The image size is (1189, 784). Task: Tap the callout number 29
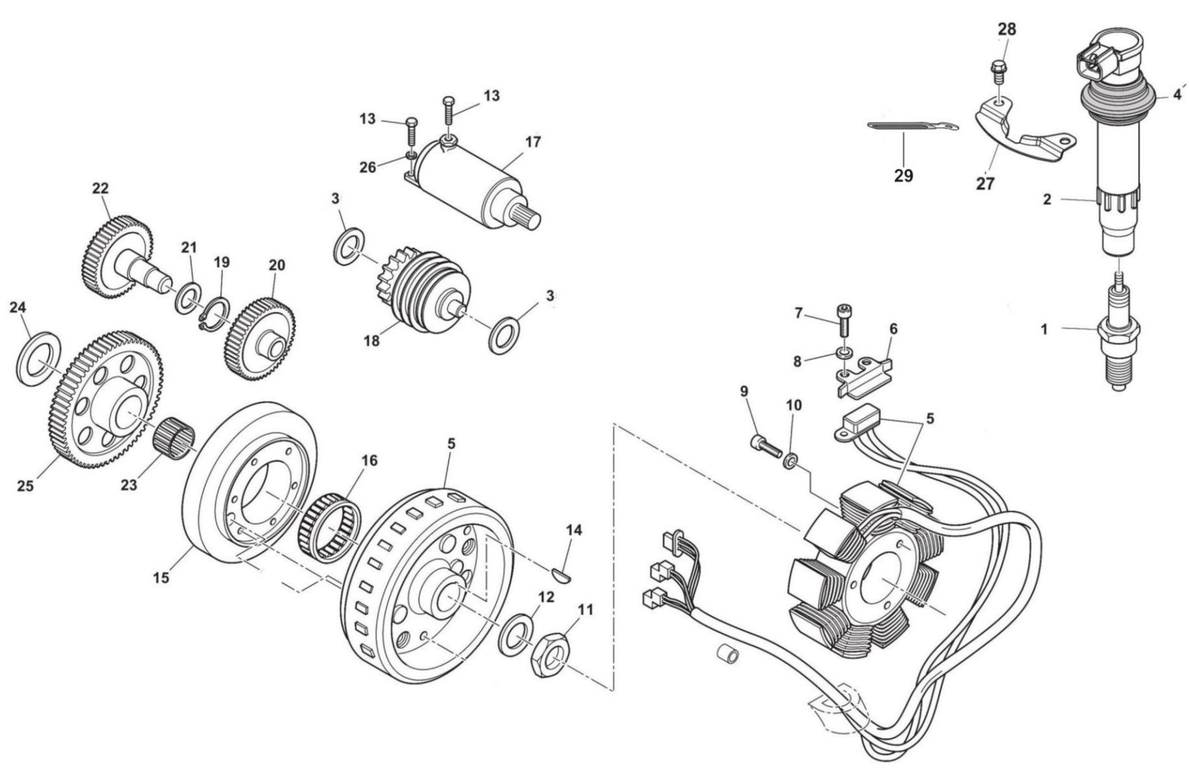coord(903,176)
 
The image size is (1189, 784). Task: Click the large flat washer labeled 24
coord(39,358)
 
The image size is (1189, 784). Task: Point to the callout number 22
coord(100,189)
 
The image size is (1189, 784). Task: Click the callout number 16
coord(369,461)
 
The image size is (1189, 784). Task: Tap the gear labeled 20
coord(260,339)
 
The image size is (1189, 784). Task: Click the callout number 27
coord(985,183)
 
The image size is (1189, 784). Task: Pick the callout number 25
coord(25,486)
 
